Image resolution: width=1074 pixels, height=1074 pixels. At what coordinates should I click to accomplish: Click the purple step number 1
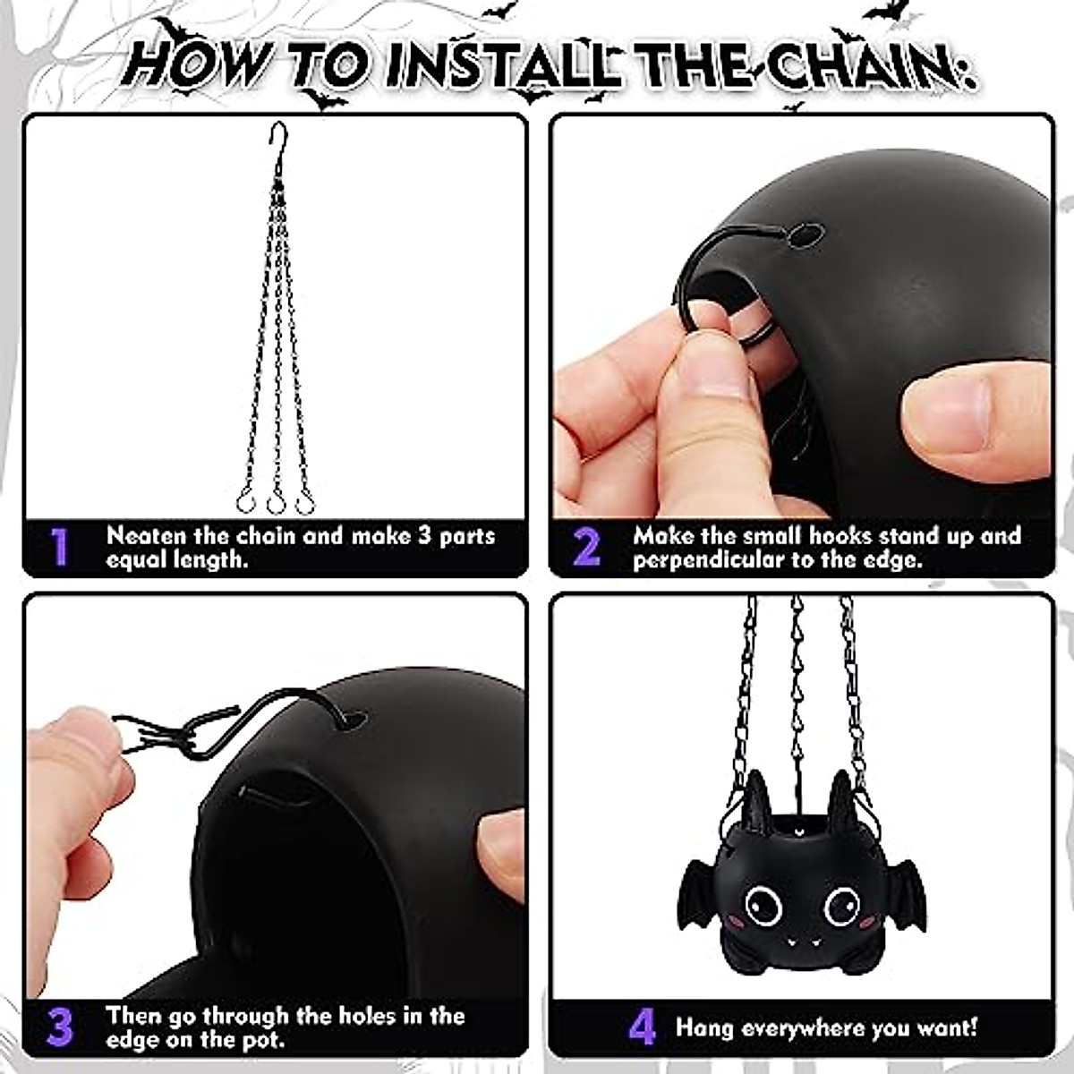[59, 547]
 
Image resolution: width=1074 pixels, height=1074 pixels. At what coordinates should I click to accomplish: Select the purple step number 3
[60, 1026]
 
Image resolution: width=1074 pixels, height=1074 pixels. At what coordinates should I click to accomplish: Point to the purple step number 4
[642, 1026]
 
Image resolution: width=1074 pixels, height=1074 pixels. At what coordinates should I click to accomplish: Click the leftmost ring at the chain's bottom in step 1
[246, 501]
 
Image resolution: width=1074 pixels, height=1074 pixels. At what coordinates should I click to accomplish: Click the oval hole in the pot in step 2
[805, 234]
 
